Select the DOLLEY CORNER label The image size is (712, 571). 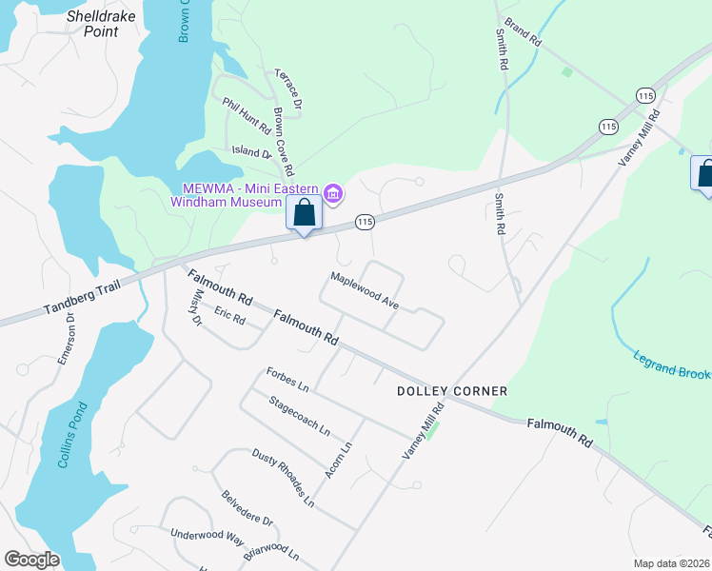(452, 391)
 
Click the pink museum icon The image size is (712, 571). (332, 194)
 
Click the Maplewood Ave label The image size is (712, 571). (364, 290)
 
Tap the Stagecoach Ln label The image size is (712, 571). (300, 416)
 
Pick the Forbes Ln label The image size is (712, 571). (288, 380)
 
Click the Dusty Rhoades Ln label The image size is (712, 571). (283, 477)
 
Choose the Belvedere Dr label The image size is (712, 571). (247, 508)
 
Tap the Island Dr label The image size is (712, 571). (251, 151)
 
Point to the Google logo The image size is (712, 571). (31, 560)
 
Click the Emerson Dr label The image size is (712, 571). (67, 339)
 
